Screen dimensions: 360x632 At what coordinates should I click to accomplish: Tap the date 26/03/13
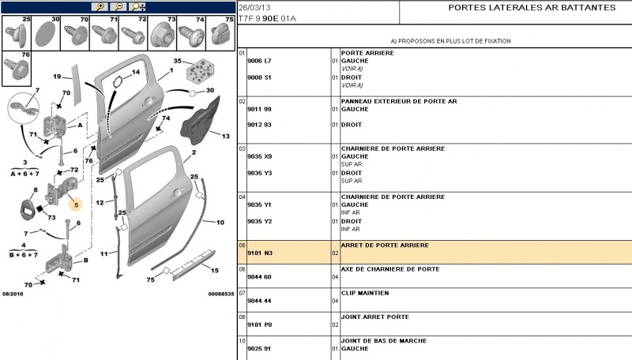click(253, 7)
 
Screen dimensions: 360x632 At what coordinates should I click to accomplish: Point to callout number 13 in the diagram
click(225, 137)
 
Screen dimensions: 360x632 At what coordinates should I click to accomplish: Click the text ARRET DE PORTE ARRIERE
click(384, 246)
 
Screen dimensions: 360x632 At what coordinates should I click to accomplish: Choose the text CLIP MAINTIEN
click(364, 293)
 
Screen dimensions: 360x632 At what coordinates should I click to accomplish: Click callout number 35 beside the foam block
click(177, 62)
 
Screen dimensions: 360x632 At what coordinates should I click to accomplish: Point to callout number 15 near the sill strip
click(214, 270)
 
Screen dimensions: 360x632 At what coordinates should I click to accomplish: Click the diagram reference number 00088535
click(221, 294)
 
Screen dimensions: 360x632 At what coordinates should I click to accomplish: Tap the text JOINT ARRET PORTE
click(374, 317)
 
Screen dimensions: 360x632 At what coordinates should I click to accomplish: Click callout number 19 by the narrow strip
click(57, 77)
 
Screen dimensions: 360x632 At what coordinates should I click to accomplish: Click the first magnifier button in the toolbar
click(99, 6)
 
